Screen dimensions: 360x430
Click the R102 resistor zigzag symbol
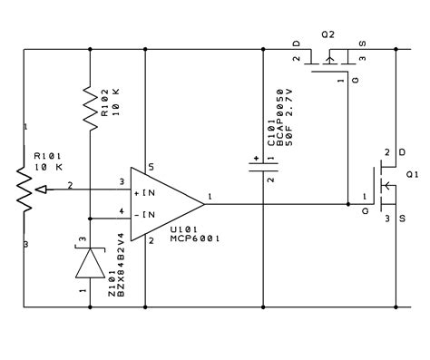[90, 109]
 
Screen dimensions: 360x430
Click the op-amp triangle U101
[163, 202]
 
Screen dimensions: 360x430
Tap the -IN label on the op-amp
[148, 214]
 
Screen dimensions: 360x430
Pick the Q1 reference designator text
[413, 173]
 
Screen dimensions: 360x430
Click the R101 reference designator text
[46, 156]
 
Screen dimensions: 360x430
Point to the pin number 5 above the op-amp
[151, 166]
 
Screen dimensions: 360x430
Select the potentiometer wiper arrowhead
[35, 188]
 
